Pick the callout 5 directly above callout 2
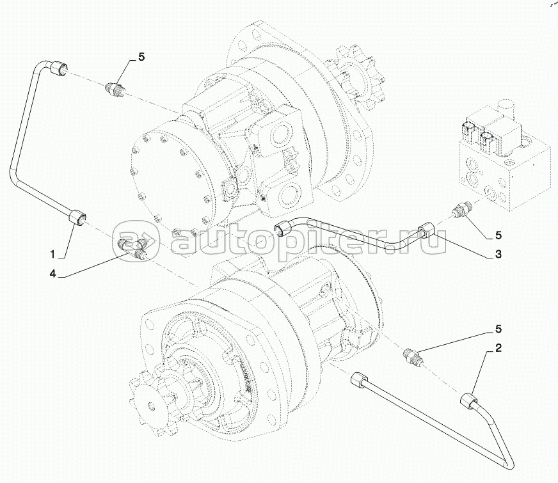coord(497,330)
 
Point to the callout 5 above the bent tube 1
coord(141,56)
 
